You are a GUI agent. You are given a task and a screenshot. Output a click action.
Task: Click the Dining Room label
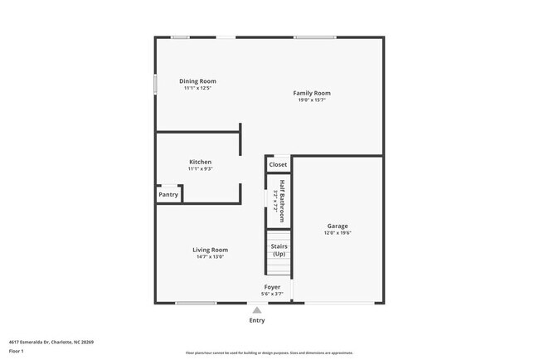[197, 81]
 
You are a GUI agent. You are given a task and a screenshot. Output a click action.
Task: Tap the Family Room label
[312, 93]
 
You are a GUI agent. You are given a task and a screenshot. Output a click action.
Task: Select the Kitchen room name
[200, 162]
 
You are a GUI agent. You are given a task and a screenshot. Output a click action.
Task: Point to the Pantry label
[168, 195]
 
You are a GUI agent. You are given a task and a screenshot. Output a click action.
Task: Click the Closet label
[278, 164]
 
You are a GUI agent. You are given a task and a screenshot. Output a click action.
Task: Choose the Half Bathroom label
[282, 196]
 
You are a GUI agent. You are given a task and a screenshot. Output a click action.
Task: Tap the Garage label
[337, 226]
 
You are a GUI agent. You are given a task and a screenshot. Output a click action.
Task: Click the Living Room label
[211, 250]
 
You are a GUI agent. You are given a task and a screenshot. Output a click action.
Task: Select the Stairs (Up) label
[279, 250]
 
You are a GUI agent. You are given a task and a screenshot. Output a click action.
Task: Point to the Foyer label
[272, 287]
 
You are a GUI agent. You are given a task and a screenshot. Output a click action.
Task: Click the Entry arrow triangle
[257, 310]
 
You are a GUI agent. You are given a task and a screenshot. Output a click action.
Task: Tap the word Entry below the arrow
[257, 320]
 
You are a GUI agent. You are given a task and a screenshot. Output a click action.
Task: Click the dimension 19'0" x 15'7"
[312, 100]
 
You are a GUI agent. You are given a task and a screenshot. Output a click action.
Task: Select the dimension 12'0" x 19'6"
[337, 233]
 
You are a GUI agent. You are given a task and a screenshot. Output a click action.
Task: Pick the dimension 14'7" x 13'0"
[211, 257]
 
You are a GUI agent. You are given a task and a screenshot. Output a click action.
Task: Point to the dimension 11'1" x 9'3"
[200, 169]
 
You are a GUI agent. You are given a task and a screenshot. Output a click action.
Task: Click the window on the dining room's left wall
[156, 85]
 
